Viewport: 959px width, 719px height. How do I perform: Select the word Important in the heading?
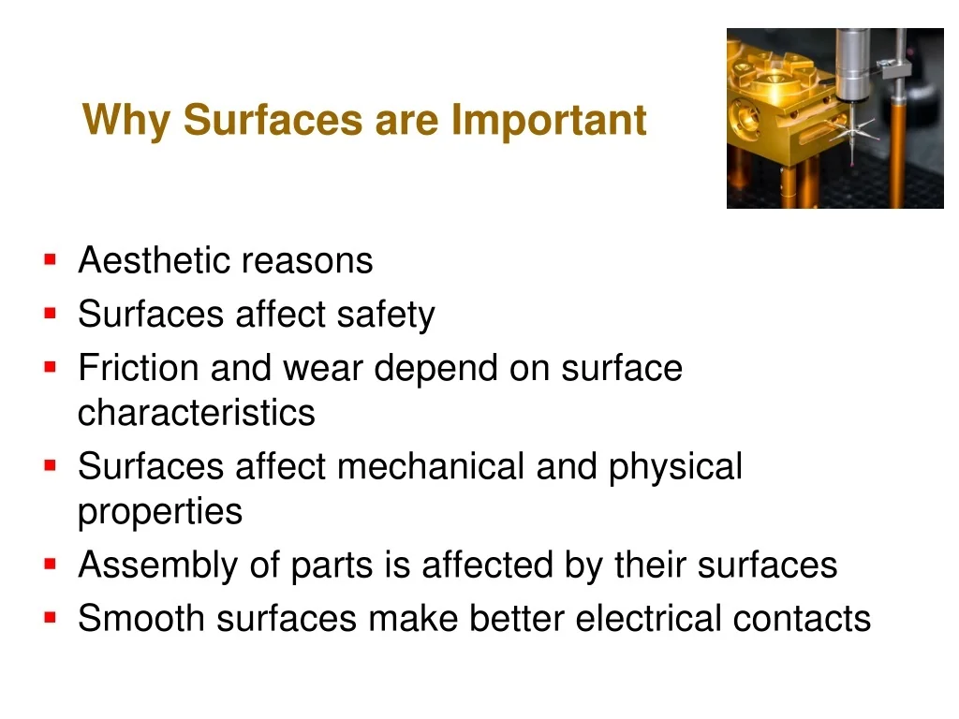[x=549, y=119]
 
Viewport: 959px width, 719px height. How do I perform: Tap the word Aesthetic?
[x=155, y=260]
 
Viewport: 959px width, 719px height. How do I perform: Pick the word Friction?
[x=139, y=368]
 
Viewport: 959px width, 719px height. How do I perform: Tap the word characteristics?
[x=197, y=413]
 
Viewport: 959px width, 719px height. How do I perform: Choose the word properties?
[x=160, y=512]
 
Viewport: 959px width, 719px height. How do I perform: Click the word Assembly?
[x=157, y=565]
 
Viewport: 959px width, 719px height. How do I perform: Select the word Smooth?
[x=141, y=618]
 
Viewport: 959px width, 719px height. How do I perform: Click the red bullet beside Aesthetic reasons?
[x=51, y=260]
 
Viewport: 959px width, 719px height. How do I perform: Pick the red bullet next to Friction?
[x=51, y=367]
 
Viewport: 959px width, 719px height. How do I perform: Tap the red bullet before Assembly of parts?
[x=51, y=565]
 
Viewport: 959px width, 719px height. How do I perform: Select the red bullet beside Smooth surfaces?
[x=51, y=618]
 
